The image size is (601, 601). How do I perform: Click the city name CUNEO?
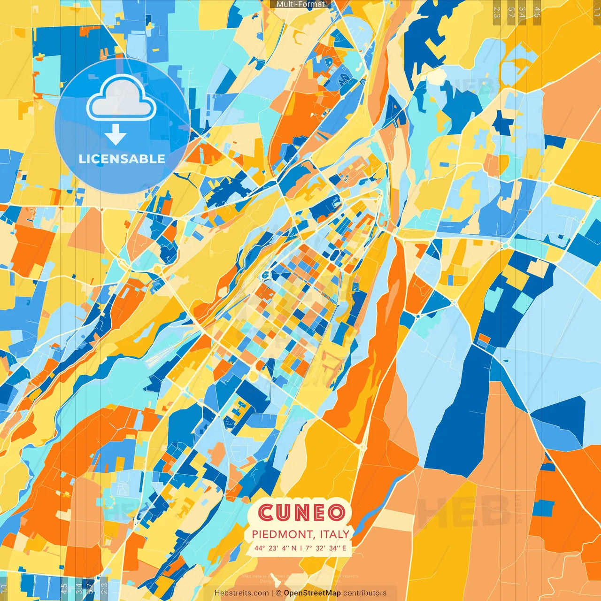pyautogui.click(x=301, y=513)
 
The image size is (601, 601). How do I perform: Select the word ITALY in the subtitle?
pyautogui.click(x=335, y=534)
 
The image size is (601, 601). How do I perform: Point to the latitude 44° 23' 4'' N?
pyautogui.click(x=276, y=548)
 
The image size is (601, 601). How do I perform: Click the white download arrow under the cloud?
pyautogui.click(x=116, y=135)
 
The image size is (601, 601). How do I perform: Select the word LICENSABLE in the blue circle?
pyautogui.click(x=122, y=159)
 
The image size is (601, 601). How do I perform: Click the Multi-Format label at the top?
pyautogui.click(x=300, y=4)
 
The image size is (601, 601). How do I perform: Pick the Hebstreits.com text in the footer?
pyautogui.click(x=241, y=593)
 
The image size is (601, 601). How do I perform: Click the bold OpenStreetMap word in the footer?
pyautogui.click(x=312, y=593)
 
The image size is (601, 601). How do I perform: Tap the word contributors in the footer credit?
pyautogui.click(x=365, y=593)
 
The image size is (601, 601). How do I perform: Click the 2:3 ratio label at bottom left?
pyautogui.click(x=104, y=588)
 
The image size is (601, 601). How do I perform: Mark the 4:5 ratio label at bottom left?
pyautogui.click(x=64, y=588)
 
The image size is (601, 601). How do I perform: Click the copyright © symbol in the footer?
pyautogui.click(x=278, y=593)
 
